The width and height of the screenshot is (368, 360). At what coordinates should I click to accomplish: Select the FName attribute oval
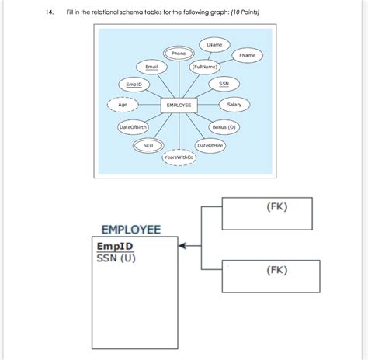coord(248,56)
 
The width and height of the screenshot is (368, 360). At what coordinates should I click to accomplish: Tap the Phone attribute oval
coord(179,54)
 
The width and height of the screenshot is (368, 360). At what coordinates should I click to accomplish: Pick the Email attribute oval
coord(151,68)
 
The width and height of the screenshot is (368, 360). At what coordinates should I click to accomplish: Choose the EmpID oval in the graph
coord(134,83)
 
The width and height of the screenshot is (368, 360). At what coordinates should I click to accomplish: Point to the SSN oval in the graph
coord(224,83)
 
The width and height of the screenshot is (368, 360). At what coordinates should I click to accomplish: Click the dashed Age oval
coord(123,104)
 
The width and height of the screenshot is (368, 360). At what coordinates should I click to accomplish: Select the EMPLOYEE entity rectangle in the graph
coord(179,105)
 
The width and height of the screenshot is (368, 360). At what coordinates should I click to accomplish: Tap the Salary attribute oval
coord(234,104)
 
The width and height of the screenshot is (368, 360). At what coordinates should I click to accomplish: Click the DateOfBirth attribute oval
coord(133,126)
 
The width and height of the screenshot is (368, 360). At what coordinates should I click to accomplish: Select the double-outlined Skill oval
coord(148,145)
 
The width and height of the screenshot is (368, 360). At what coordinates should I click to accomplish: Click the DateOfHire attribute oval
coord(210,145)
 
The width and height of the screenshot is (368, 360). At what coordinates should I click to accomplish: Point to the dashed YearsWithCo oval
coord(179,157)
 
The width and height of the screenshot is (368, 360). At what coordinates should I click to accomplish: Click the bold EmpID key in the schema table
coord(114,246)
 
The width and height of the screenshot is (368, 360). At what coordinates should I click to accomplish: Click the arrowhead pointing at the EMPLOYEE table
coord(183,246)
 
